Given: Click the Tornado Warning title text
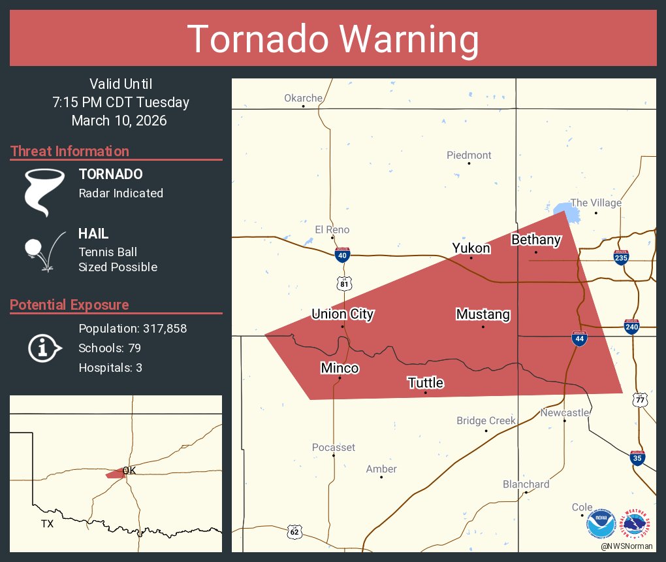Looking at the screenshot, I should click(x=333, y=39).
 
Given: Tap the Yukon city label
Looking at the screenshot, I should click(x=471, y=248).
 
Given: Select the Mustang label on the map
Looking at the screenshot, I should click(x=483, y=314).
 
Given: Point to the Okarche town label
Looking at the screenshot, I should click(x=303, y=98).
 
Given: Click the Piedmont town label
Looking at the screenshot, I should click(x=469, y=155).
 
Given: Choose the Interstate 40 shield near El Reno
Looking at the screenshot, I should click(x=341, y=255).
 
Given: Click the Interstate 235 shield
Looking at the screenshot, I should click(x=621, y=257).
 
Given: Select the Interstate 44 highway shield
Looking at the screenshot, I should click(x=579, y=338).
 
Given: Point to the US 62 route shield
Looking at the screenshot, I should click(x=294, y=531).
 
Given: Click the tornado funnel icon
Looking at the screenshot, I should click(x=44, y=191).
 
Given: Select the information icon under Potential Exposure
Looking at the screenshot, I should click(x=44, y=348).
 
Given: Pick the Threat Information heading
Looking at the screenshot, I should click(x=70, y=151).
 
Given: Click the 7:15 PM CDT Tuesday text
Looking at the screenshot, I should click(x=121, y=102).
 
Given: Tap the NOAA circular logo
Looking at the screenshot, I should click(x=601, y=523).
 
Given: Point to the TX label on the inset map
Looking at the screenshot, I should click(x=47, y=523).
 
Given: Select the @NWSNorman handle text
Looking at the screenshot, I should click(x=627, y=546).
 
